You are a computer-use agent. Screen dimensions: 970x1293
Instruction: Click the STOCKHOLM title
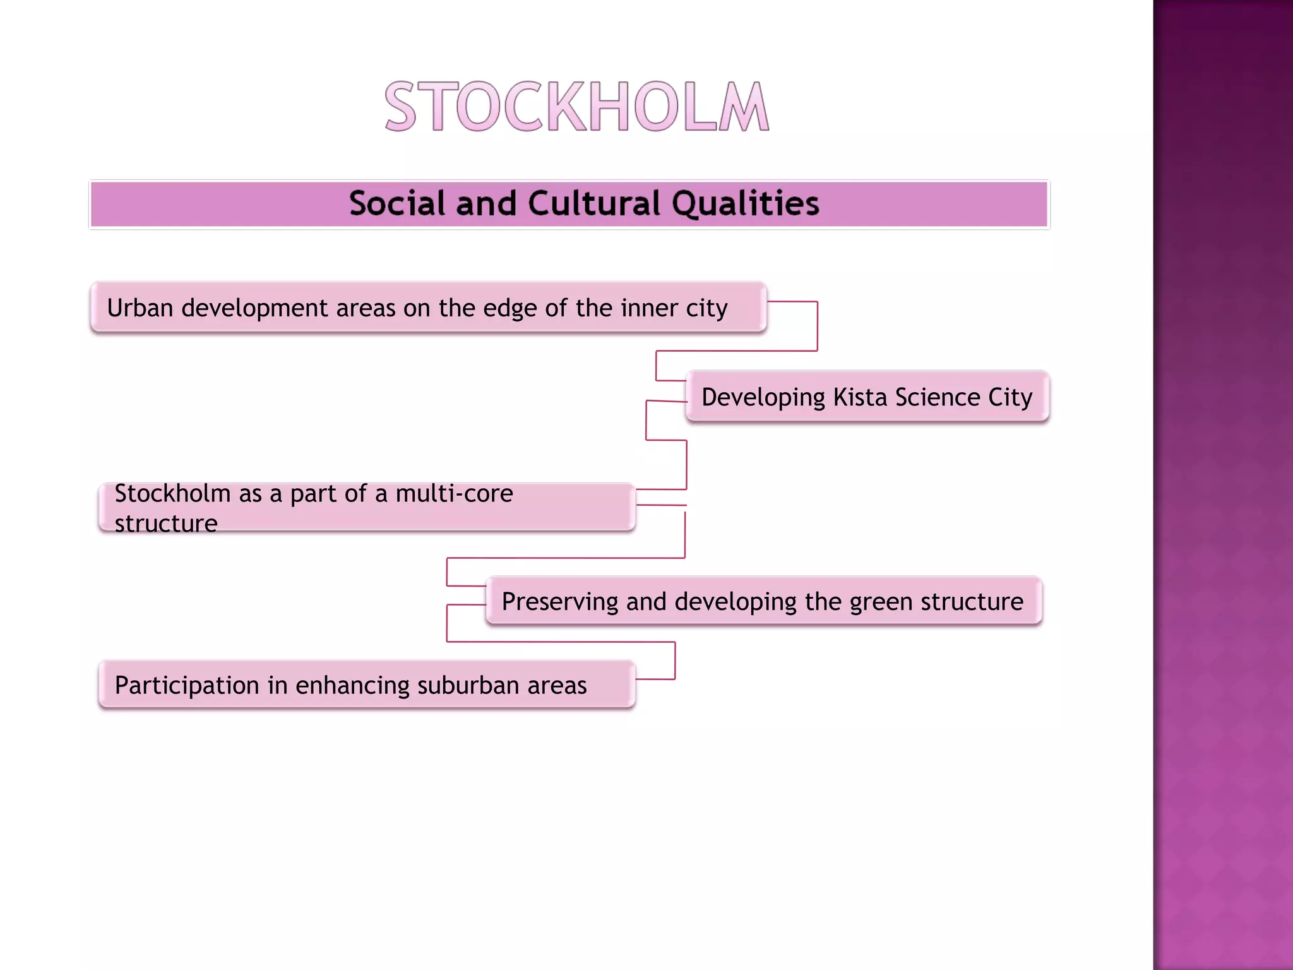[x=576, y=107]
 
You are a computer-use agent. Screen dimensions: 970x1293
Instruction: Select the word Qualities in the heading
[x=745, y=203]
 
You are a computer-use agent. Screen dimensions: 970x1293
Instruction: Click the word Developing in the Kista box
[x=763, y=398]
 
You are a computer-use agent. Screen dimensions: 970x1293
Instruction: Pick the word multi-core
[x=454, y=493]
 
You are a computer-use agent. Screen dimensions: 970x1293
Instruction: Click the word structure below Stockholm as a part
[x=166, y=524]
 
